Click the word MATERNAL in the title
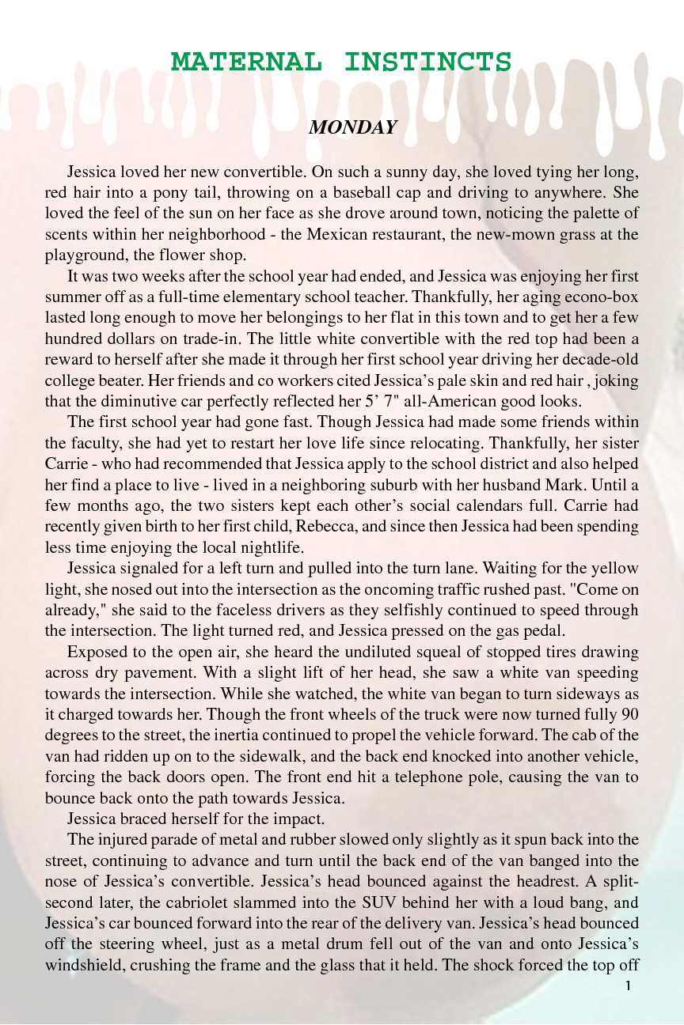[x=246, y=62]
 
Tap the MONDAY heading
[x=352, y=127]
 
